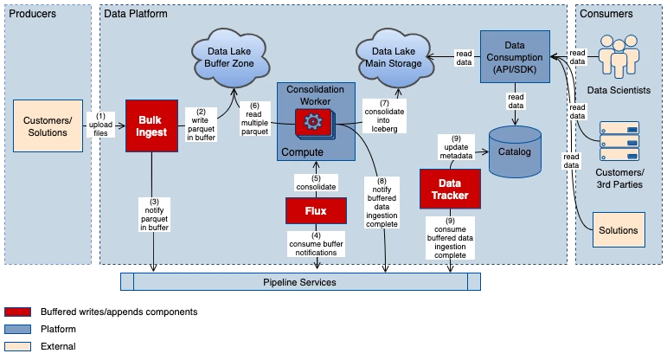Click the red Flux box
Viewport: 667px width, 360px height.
pyautogui.click(x=316, y=210)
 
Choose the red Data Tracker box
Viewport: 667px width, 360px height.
pyautogui.click(x=449, y=189)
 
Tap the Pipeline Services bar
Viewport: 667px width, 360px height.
pyautogui.click(x=299, y=282)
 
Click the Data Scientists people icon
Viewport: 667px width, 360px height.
pyautogui.click(x=619, y=61)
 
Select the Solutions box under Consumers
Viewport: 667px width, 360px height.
pyautogui.click(x=619, y=230)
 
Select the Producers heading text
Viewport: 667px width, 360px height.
pyautogui.click(x=32, y=14)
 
